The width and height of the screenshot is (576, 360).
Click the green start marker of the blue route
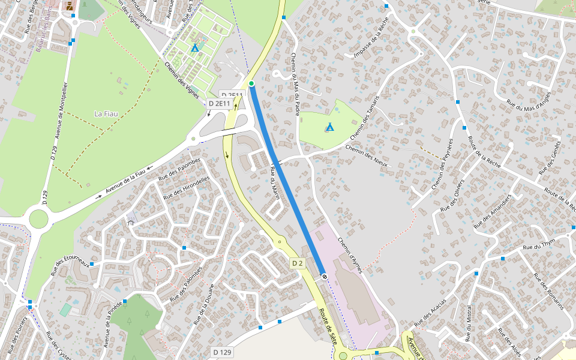(251, 83)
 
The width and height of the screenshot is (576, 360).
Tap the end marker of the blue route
(325, 277)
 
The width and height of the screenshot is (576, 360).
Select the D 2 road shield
(297, 263)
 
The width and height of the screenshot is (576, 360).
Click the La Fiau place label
(106, 113)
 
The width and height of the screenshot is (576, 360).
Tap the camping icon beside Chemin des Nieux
(329, 127)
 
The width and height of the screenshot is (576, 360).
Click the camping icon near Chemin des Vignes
(194, 47)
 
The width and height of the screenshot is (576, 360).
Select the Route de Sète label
(328, 325)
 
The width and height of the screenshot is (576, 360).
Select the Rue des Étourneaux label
(70, 266)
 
